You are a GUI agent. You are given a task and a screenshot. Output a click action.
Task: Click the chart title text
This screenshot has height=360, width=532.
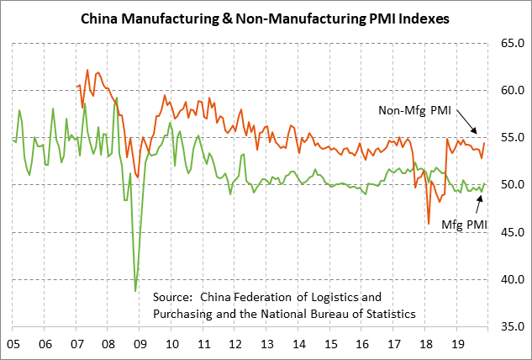click(x=265, y=16)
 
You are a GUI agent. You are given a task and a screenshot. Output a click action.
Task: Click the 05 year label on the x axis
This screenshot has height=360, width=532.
click(x=13, y=344)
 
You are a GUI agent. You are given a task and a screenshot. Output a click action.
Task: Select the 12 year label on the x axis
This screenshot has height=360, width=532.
click(x=234, y=344)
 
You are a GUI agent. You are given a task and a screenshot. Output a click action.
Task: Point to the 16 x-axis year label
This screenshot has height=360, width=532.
click(x=361, y=344)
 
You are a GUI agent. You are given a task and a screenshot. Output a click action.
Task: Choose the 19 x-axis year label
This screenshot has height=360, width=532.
click(x=456, y=344)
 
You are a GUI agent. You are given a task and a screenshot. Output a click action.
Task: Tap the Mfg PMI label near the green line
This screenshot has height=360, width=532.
click(x=463, y=225)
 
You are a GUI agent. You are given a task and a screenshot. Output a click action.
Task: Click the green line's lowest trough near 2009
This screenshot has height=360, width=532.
click(x=134, y=290)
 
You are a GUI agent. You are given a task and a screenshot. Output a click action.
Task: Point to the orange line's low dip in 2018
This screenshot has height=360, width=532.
click(x=429, y=223)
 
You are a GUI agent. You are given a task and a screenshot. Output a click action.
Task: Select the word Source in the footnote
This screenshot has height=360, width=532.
click(x=173, y=297)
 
